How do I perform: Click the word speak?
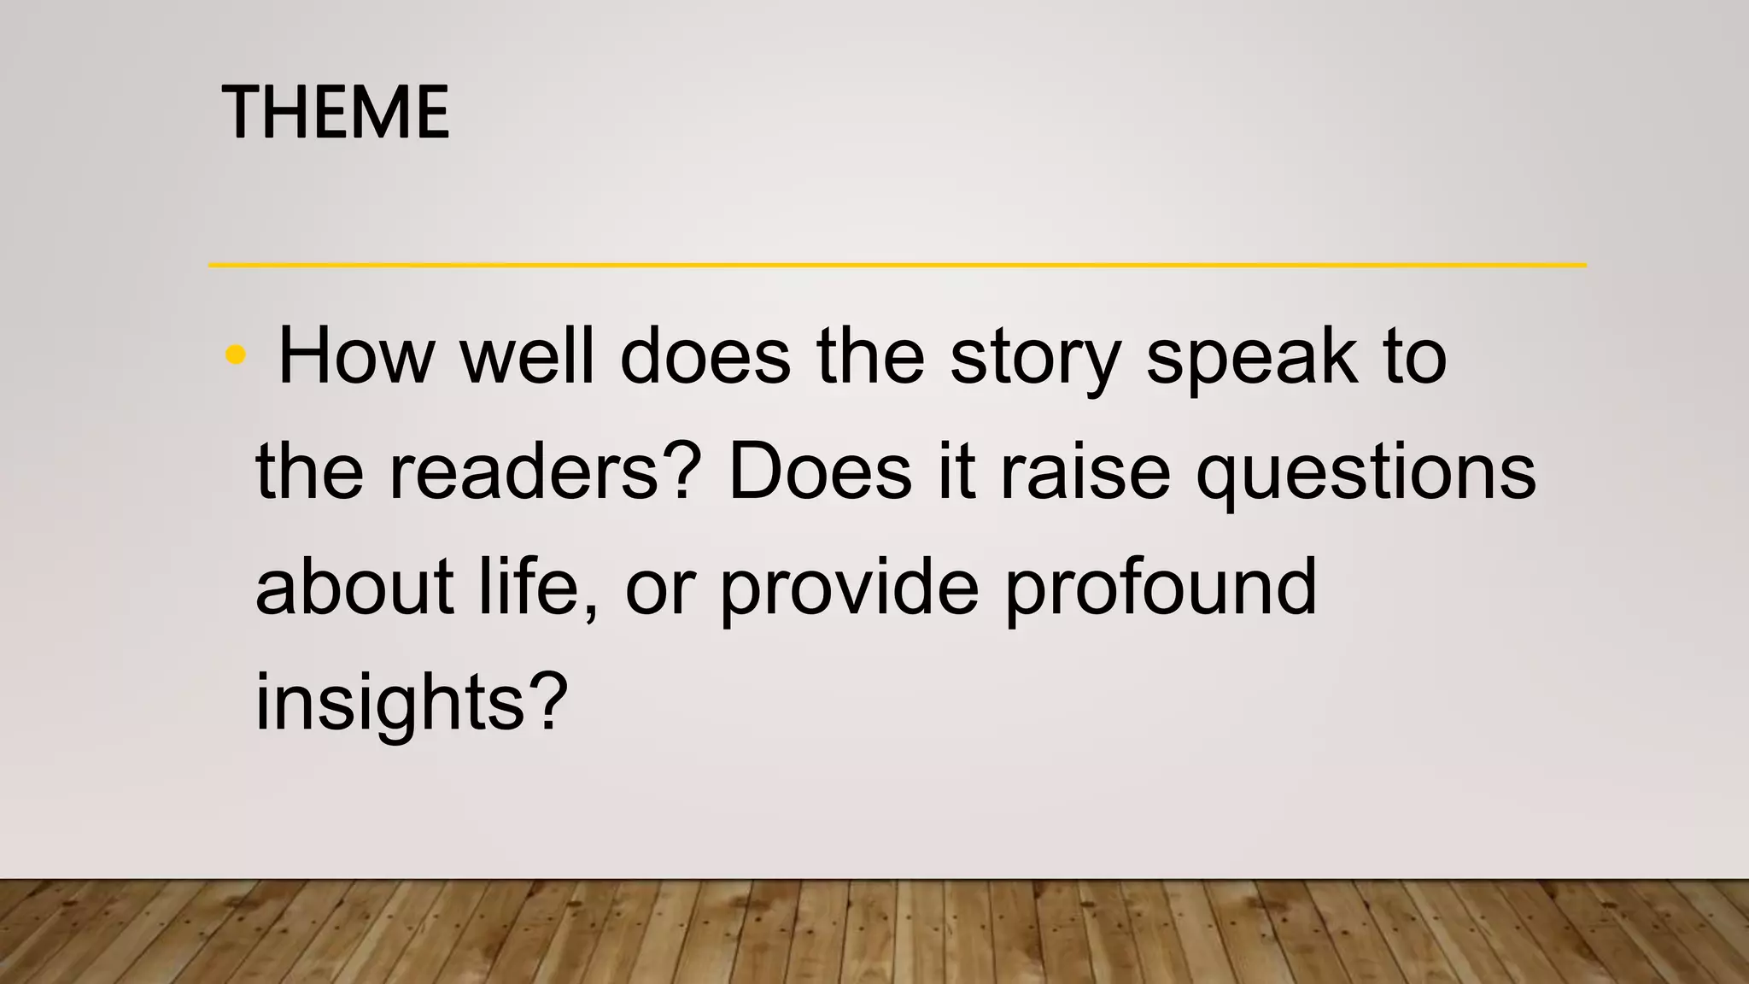coord(1251,357)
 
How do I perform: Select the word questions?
coord(1366,475)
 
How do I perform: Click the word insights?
coord(412,703)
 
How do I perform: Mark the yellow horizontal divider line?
coord(897,265)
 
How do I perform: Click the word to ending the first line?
coord(1415,357)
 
